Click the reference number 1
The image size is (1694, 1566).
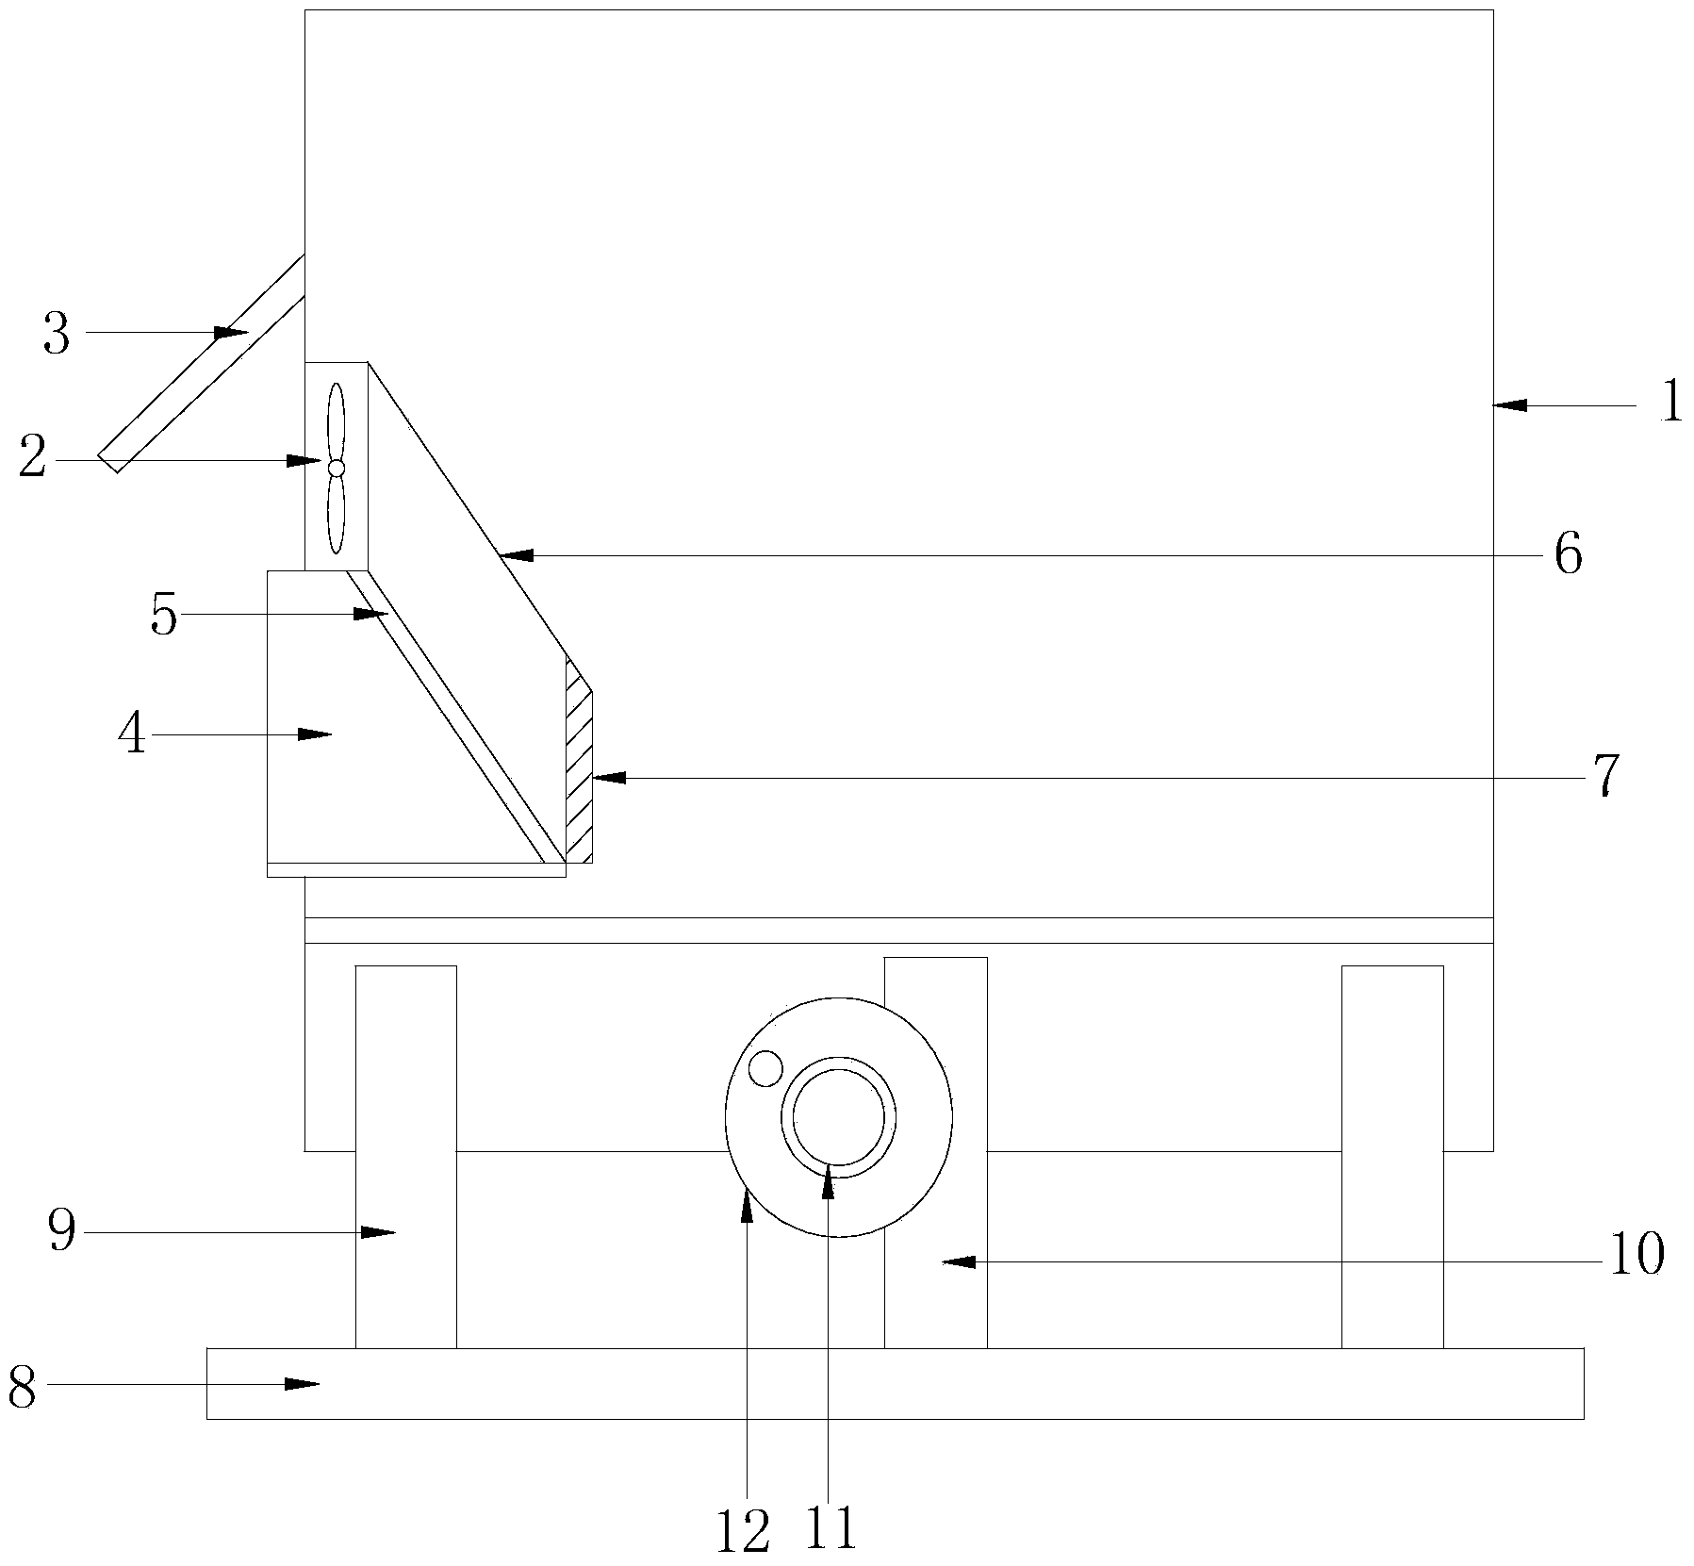pos(1671,403)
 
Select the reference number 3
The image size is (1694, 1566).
pos(57,334)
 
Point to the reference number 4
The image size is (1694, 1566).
pos(133,734)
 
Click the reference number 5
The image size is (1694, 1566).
pos(164,616)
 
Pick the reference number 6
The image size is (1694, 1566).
pos(1568,554)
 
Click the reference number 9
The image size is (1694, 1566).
pos(62,1231)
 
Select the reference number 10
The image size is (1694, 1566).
pos(1637,1256)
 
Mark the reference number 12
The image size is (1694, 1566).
pos(743,1532)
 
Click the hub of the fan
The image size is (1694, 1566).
pos(336,468)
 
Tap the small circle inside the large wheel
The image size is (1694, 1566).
pos(765,1068)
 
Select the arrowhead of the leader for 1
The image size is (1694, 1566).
pos(1510,405)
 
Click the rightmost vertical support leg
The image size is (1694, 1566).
pos(1392,1157)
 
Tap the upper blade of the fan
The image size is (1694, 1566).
pos(336,421)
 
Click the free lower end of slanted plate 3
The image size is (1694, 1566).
pos(107,463)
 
